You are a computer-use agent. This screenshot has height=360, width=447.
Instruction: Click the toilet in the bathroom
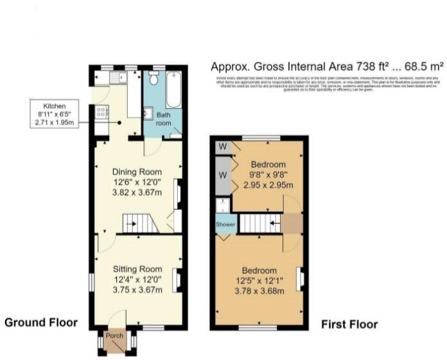(x=153, y=79)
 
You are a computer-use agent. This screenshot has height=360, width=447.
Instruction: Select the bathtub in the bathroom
(x=173, y=90)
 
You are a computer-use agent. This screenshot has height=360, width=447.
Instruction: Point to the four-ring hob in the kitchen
(x=101, y=113)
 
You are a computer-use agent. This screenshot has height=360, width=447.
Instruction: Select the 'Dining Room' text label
(x=137, y=172)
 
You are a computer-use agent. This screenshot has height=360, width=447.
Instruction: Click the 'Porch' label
(x=115, y=334)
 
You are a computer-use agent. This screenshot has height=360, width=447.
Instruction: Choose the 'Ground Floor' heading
(x=41, y=323)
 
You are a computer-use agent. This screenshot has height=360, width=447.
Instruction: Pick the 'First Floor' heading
(x=349, y=324)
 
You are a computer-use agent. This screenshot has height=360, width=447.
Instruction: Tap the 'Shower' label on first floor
(x=225, y=225)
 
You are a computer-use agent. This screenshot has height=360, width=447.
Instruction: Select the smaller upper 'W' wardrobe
(x=223, y=146)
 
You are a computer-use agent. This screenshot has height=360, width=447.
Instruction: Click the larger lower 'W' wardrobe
(x=223, y=175)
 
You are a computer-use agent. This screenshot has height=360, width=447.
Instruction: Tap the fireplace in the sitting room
(x=181, y=280)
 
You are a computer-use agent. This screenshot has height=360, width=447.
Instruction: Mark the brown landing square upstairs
(x=293, y=224)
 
